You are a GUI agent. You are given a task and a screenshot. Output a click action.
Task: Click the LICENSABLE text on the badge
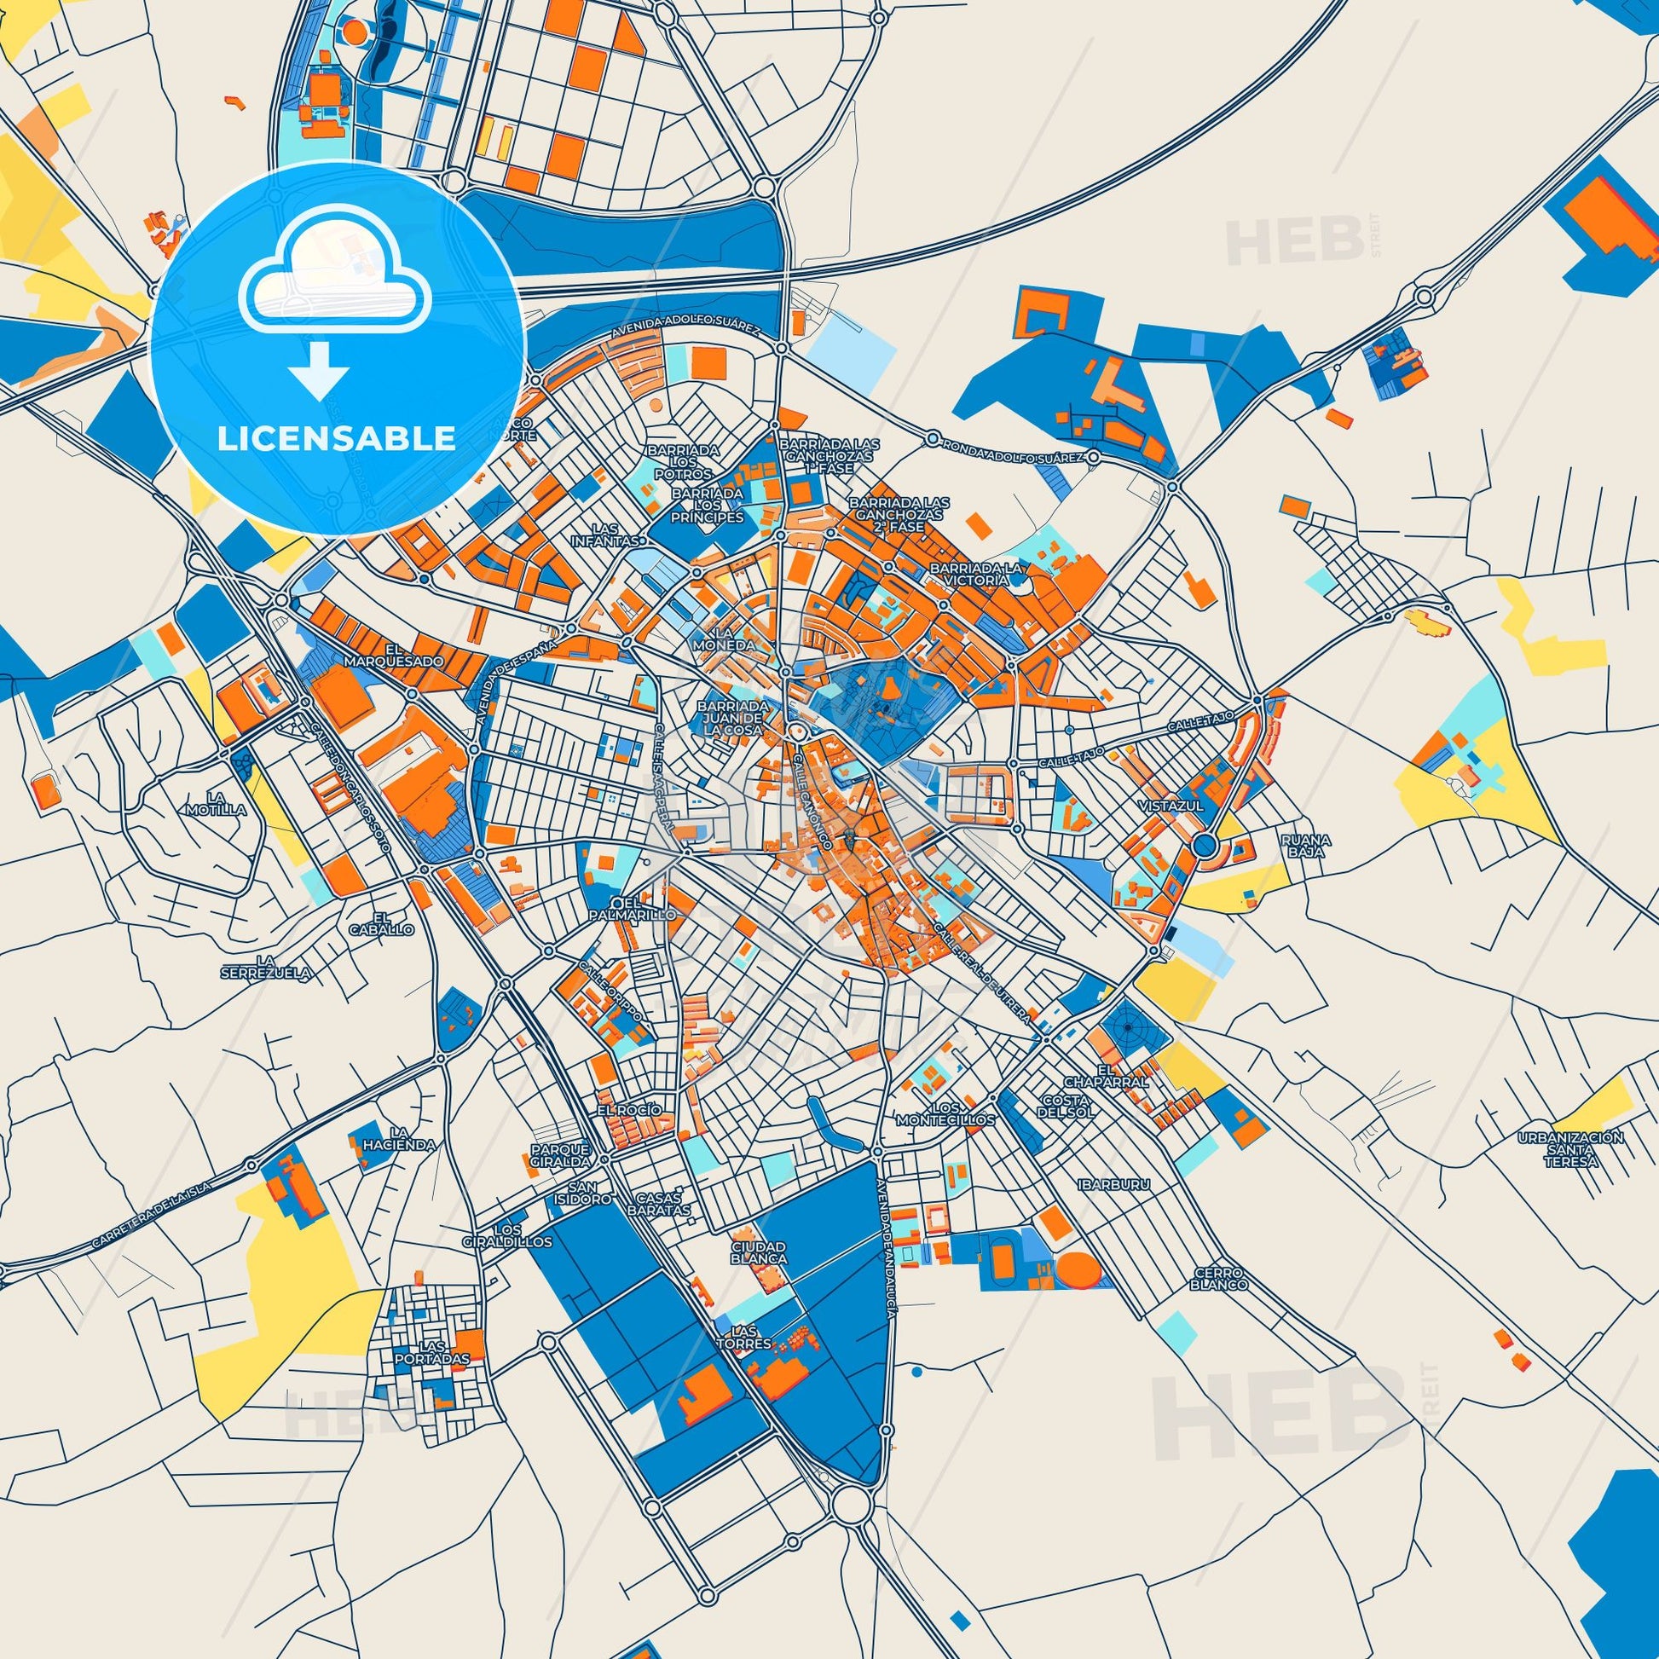(x=336, y=438)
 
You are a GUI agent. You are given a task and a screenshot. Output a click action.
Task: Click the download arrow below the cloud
(x=319, y=370)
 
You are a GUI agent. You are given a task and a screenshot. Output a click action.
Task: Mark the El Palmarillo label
(x=645, y=910)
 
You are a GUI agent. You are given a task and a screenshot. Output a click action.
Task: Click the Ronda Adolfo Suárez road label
(x=1013, y=452)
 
